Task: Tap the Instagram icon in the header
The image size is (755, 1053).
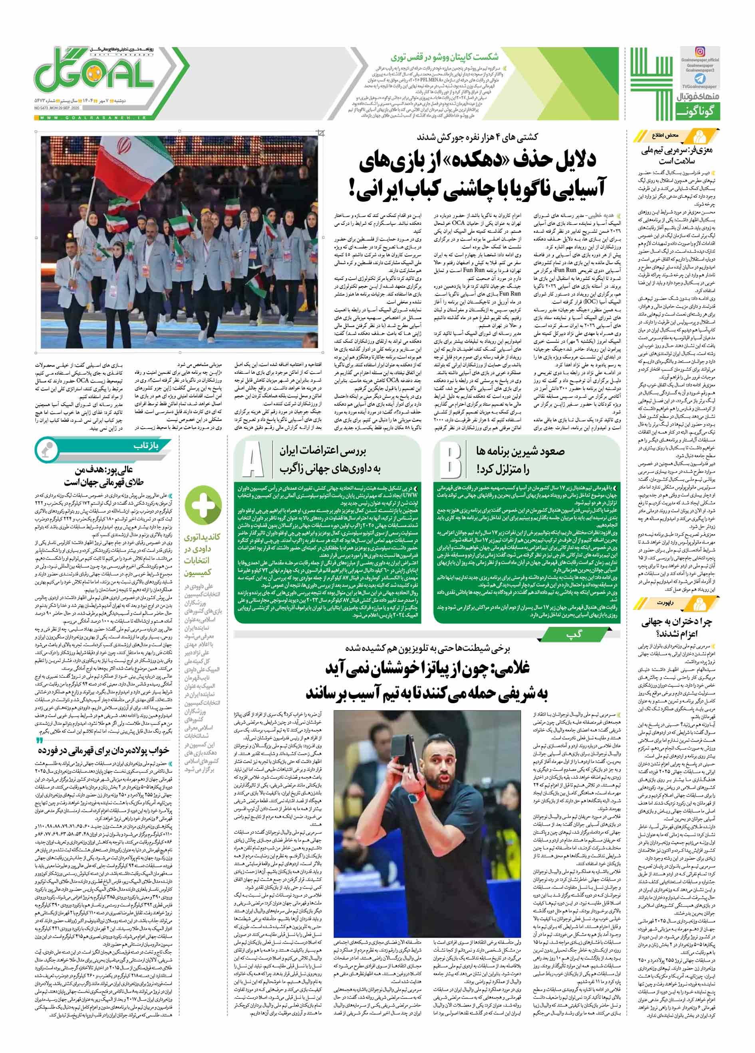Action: [700, 52]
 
